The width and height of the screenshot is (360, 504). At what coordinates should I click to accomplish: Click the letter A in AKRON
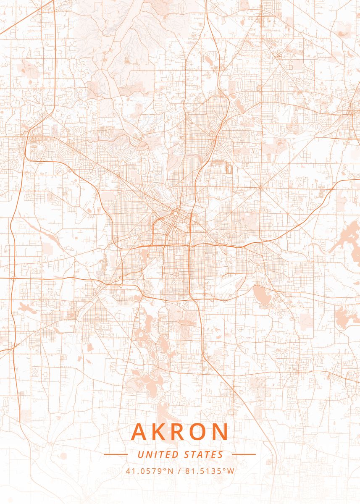[140, 432]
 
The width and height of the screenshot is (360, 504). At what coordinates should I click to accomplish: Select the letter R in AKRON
[179, 432]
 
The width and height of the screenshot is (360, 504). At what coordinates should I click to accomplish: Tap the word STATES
[204, 454]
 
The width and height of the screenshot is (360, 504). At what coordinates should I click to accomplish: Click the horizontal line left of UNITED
[116, 454]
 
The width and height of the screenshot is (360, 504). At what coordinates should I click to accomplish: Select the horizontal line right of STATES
[244, 454]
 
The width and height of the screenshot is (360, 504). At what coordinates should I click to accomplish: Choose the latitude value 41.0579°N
[150, 471]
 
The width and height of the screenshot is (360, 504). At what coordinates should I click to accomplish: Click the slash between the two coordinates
[180, 471]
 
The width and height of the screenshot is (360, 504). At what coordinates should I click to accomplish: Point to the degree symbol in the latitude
[167, 469]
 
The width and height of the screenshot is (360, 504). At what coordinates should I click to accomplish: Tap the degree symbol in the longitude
[225, 469]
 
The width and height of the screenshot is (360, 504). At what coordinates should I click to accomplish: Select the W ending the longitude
[231, 471]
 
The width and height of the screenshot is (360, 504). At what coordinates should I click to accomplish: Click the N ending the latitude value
[171, 471]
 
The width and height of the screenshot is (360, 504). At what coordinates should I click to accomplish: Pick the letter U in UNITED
[140, 454]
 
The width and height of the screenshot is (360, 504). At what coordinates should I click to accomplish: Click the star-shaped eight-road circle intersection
[260, 187]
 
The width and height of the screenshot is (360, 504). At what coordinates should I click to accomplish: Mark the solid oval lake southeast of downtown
[260, 294]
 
